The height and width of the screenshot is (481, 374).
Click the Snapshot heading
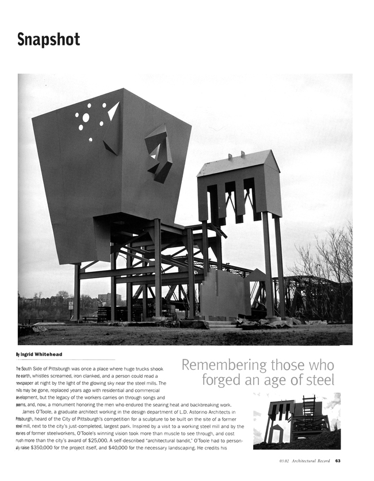[x=48, y=40]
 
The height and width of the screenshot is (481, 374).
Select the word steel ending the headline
[x=315, y=380]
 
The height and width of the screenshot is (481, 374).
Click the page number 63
[x=338, y=460]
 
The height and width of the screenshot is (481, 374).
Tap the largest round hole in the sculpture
[x=86, y=118]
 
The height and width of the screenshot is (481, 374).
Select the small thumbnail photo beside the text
[x=296, y=421]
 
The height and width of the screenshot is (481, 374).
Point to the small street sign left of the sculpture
[x=71, y=305]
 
